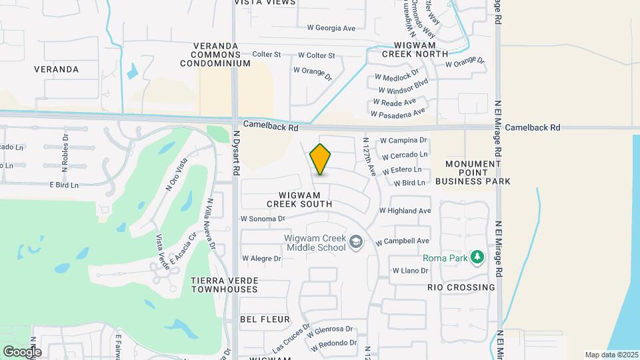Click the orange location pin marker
pyautogui.click(x=321, y=159)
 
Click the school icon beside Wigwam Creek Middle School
pyautogui.click(x=357, y=241)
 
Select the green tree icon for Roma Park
pyautogui.click(x=477, y=257)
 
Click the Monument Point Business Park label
pyautogui.click(x=473, y=172)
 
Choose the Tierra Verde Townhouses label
pyautogui.click(x=225, y=285)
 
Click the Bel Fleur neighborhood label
pyautogui.click(x=265, y=319)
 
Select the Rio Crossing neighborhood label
pyautogui.click(x=461, y=287)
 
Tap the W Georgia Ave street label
pyautogui.click(x=331, y=28)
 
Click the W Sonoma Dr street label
pyautogui.click(x=263, y=218)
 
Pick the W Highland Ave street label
pyautogui.click(x=405, y=211)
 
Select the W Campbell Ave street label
pyautogui.click(x=403, y=241)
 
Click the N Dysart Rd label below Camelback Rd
pyautogui.click(x=237, y=153)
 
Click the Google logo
pyautogui.click(x=22, y=351)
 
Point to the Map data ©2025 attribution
pyautogui.click(x=611, y=355)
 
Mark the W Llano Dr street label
pyautogui.click(x=409, y=271)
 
